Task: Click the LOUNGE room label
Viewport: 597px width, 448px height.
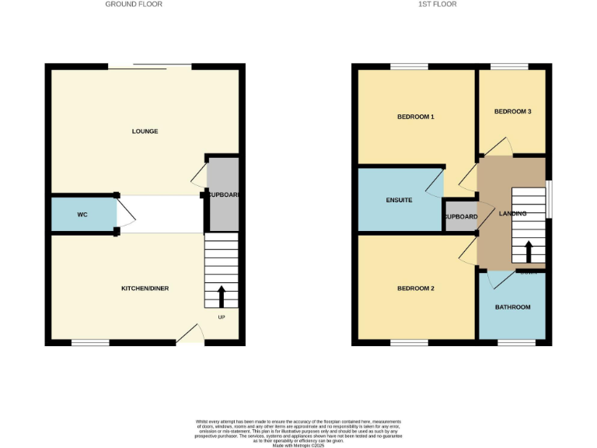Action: point(145,131)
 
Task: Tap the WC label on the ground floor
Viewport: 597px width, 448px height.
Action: point(82,214)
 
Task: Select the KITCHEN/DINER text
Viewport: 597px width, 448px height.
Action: point(145,289)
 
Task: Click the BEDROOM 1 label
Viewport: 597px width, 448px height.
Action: point(415,117)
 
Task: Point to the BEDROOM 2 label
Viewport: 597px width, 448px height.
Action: point(415,289)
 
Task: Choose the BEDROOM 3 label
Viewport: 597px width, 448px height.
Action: point(512,111)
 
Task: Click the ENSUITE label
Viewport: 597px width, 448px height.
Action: point(399,201)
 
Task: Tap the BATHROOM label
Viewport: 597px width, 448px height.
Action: point(512,307)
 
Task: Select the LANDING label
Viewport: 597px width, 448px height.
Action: point(512,214)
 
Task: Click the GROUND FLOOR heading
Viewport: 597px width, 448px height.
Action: point(134,5)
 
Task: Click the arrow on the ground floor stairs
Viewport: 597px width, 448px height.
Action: point(221,296)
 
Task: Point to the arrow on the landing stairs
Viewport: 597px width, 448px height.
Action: point(529,252)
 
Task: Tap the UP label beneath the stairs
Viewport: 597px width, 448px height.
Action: point(221,317)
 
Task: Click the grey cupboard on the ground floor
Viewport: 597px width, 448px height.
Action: point(224,194)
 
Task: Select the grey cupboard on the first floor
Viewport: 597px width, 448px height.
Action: point(459,217)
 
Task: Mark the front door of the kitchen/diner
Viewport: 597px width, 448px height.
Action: point(190,334)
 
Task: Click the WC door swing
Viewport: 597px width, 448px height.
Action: point(125,214)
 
